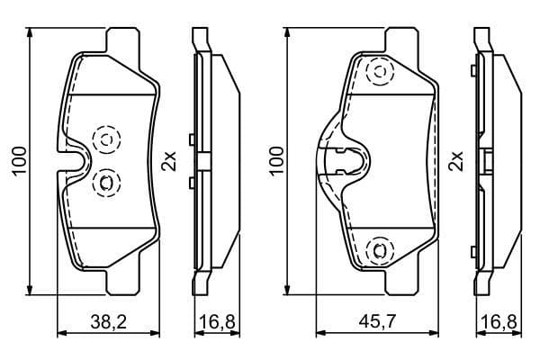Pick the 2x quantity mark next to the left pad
tap(167, 161)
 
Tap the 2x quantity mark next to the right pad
tap(456, 161)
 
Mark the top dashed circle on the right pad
tap(379, 72)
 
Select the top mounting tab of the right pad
tap(400, 40)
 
